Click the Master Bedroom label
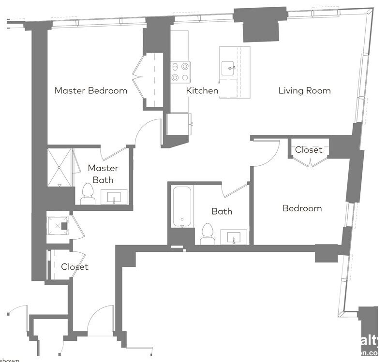coord(91,90)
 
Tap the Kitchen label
coord(202,90)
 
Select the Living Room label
coord(304,90)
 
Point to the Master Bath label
coord(103,174)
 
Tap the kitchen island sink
coord(228,68)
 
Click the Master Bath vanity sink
coord(114,197)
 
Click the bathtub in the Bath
coord(182,206)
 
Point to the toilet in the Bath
coord(208,234)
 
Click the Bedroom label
coord(302,208)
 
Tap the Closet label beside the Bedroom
coord(309,150)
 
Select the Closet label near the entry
coord(75,267)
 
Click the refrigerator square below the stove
coord(179,124)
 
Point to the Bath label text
coord(222,211)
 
